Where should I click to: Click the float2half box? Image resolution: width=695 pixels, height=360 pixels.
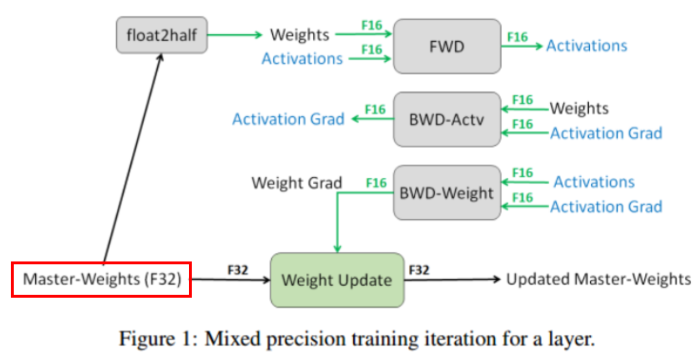point(162,35)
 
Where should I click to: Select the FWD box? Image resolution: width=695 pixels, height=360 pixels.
point(447,46)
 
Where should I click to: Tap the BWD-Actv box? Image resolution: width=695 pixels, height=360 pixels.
point(447,119)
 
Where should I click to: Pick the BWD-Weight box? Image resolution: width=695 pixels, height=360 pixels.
point(447,193)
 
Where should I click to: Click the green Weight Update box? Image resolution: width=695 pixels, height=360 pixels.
point(336,280)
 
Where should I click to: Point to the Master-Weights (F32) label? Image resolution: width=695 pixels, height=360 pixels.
point(102,279)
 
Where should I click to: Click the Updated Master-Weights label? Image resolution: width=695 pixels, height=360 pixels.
point(598,279)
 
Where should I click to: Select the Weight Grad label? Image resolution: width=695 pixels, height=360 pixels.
point(297,183)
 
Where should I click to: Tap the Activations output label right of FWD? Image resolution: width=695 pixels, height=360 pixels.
point(586,46)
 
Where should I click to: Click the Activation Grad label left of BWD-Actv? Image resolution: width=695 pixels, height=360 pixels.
point(288,119)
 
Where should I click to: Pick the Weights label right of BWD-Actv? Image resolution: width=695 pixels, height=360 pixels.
point(579,108)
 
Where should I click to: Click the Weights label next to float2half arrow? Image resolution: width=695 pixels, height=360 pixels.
point(300,35)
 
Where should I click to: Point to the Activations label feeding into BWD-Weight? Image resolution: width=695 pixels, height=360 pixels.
point(594,182)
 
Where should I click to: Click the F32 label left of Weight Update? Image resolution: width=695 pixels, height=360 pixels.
point(237,270)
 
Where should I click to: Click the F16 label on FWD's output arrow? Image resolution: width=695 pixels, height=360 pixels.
point(517,37)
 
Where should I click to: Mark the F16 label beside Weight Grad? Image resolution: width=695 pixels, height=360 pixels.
point(376,183)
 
